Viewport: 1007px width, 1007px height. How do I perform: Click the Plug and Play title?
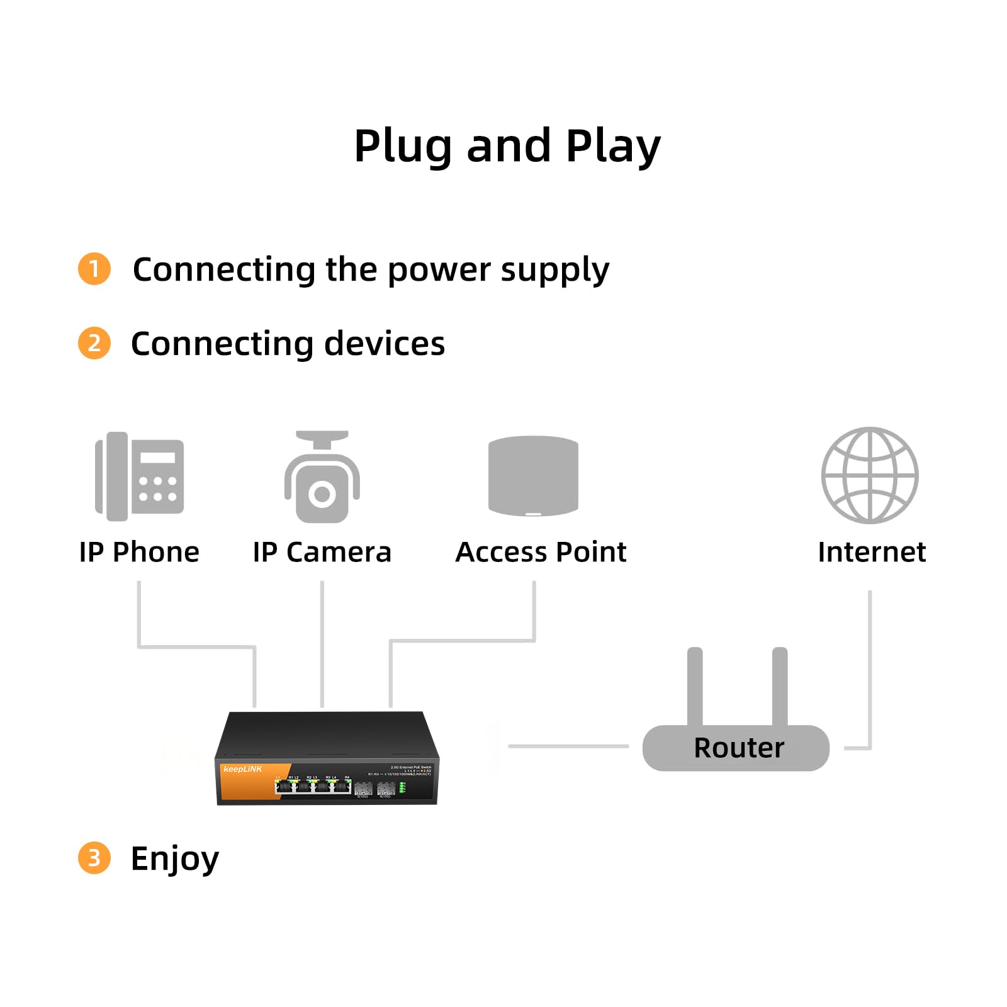coord(507,146)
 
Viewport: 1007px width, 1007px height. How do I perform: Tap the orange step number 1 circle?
coord(94,269)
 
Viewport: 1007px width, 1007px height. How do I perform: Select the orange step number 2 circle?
coord(94,343)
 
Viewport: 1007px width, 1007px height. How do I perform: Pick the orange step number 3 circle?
coord(94,857)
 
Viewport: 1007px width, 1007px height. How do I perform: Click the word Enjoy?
coord(175,858)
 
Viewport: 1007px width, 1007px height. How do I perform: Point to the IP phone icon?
coord(139,476)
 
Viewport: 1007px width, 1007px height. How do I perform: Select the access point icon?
coord(533,475)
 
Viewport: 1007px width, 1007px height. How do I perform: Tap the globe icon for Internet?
coord(870,475)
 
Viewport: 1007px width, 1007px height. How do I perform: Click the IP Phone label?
coord(139,552)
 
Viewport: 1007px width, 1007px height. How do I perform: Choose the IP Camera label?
coord(322,552)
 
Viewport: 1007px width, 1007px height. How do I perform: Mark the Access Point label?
coord(541,552)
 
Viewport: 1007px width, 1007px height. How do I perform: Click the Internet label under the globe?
coord(872,552)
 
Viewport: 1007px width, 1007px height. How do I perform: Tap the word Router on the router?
coord(739,748)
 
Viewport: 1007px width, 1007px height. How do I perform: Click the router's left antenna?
coord(695,686)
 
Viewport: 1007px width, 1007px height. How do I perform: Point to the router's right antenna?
coord(780,686)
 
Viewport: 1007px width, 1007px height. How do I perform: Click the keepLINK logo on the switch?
coord(242,769)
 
